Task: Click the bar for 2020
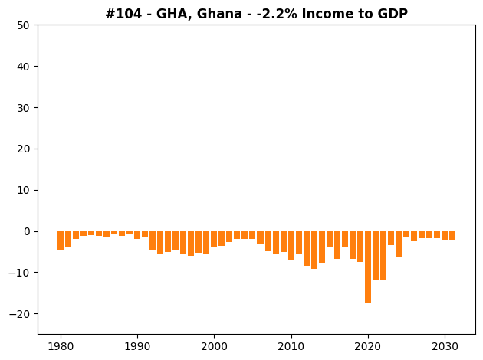(368, 267)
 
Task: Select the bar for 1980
(61, 241)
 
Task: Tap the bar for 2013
(314, 250)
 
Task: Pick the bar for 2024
(399, 244)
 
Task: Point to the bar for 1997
(191, 244)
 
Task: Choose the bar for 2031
(452, 236)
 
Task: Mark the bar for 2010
(291, 246)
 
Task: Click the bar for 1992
(153, 241)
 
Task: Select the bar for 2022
(383, 255)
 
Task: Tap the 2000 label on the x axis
(214, 347)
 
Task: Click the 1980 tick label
(61, 347)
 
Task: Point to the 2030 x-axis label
(445, 347)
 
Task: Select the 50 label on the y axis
(24, 25)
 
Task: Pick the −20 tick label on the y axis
(19, 314)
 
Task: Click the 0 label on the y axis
(27, 231)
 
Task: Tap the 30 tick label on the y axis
(24, 108)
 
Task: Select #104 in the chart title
(124, 14)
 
